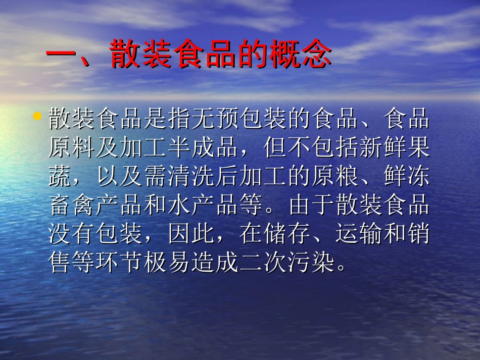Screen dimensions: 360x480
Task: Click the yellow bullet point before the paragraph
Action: [x=37, y=117]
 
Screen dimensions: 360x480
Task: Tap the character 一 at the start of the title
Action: [x=60, y=54]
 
